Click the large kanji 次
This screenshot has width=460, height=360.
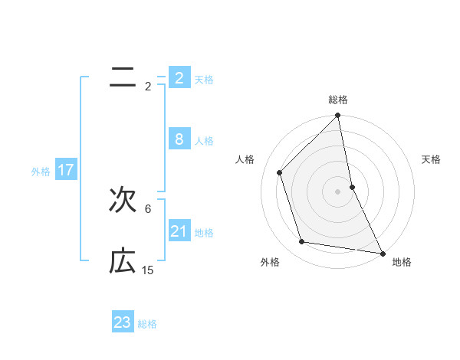[x=123, y=202]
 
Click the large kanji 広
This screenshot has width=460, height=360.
[x=123, y=263]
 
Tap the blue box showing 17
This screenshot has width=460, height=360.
[x=65, y=170]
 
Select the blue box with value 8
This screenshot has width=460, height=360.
[x=179, y=139]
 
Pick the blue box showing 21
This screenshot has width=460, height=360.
[x=179, y=231]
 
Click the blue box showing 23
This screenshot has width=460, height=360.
[x=122, y=322]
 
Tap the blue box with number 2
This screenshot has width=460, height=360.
[x=179, y=77]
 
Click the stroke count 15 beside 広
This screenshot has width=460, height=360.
[x=148, y=270]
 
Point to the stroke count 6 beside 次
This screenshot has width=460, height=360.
[x=148, y=208]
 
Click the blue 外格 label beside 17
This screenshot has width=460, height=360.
[x=41, y=172]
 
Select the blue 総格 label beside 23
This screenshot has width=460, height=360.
[x=147, y=324]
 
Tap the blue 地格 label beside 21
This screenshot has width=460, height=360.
[x=204, y=233]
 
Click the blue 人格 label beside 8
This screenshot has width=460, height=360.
[x=204, y=141]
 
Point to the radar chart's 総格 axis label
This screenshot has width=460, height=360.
[x=338, y=100]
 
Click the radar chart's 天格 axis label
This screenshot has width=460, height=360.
[x=432, y=159]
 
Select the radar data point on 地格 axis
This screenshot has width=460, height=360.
[x=382, y=253]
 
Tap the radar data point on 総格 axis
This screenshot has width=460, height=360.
[x=338, y=116]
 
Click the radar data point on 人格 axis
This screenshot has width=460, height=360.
[x=280, y=172]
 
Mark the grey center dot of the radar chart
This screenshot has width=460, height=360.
[x=338, y=191]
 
